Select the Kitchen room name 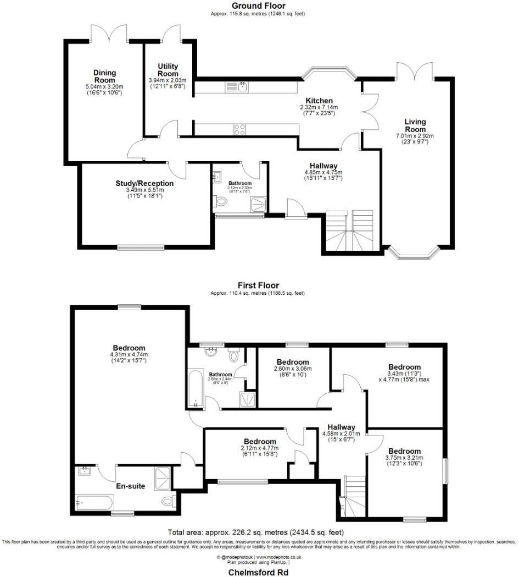click(x=319, y=100)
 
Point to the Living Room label click(x=415, y=125)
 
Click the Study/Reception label click(x=144, y=183)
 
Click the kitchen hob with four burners click(x=240, y=129)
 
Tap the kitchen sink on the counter click(x=243, y=87)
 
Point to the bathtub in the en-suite click(x=95, y=502)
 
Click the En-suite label click(x=130, y=486)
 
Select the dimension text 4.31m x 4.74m click(x=129, y=355)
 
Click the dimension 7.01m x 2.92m click(x=415, y=136)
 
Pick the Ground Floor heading click(x=258, y=6)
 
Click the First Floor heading click(x=258, y=285)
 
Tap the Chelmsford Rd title click(x=258, y=572)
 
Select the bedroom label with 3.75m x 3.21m click(x=404, y=451)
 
